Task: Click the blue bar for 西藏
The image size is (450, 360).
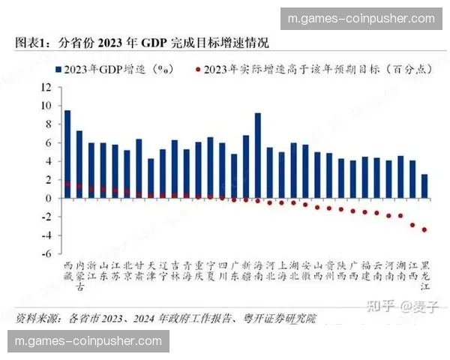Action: pos(67,154)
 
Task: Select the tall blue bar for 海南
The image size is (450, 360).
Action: pos(258,155)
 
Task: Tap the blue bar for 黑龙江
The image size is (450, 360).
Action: pos(425,186)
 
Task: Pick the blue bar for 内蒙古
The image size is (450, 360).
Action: pos(79,164)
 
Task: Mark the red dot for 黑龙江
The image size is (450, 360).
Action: pos(425,229)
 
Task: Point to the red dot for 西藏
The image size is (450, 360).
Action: pos(67,184)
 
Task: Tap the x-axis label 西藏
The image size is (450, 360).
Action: pos(67,271)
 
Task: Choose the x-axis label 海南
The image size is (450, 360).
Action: pos(258,271)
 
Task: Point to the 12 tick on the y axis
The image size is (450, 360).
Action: pos(46,87)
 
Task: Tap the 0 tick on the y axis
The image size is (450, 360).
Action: pos(47,199)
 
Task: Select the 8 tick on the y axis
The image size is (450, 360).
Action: pos(47,124)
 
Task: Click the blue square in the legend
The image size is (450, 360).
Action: pos(59,70)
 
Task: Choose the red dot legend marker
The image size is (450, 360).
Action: pos(197,70)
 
